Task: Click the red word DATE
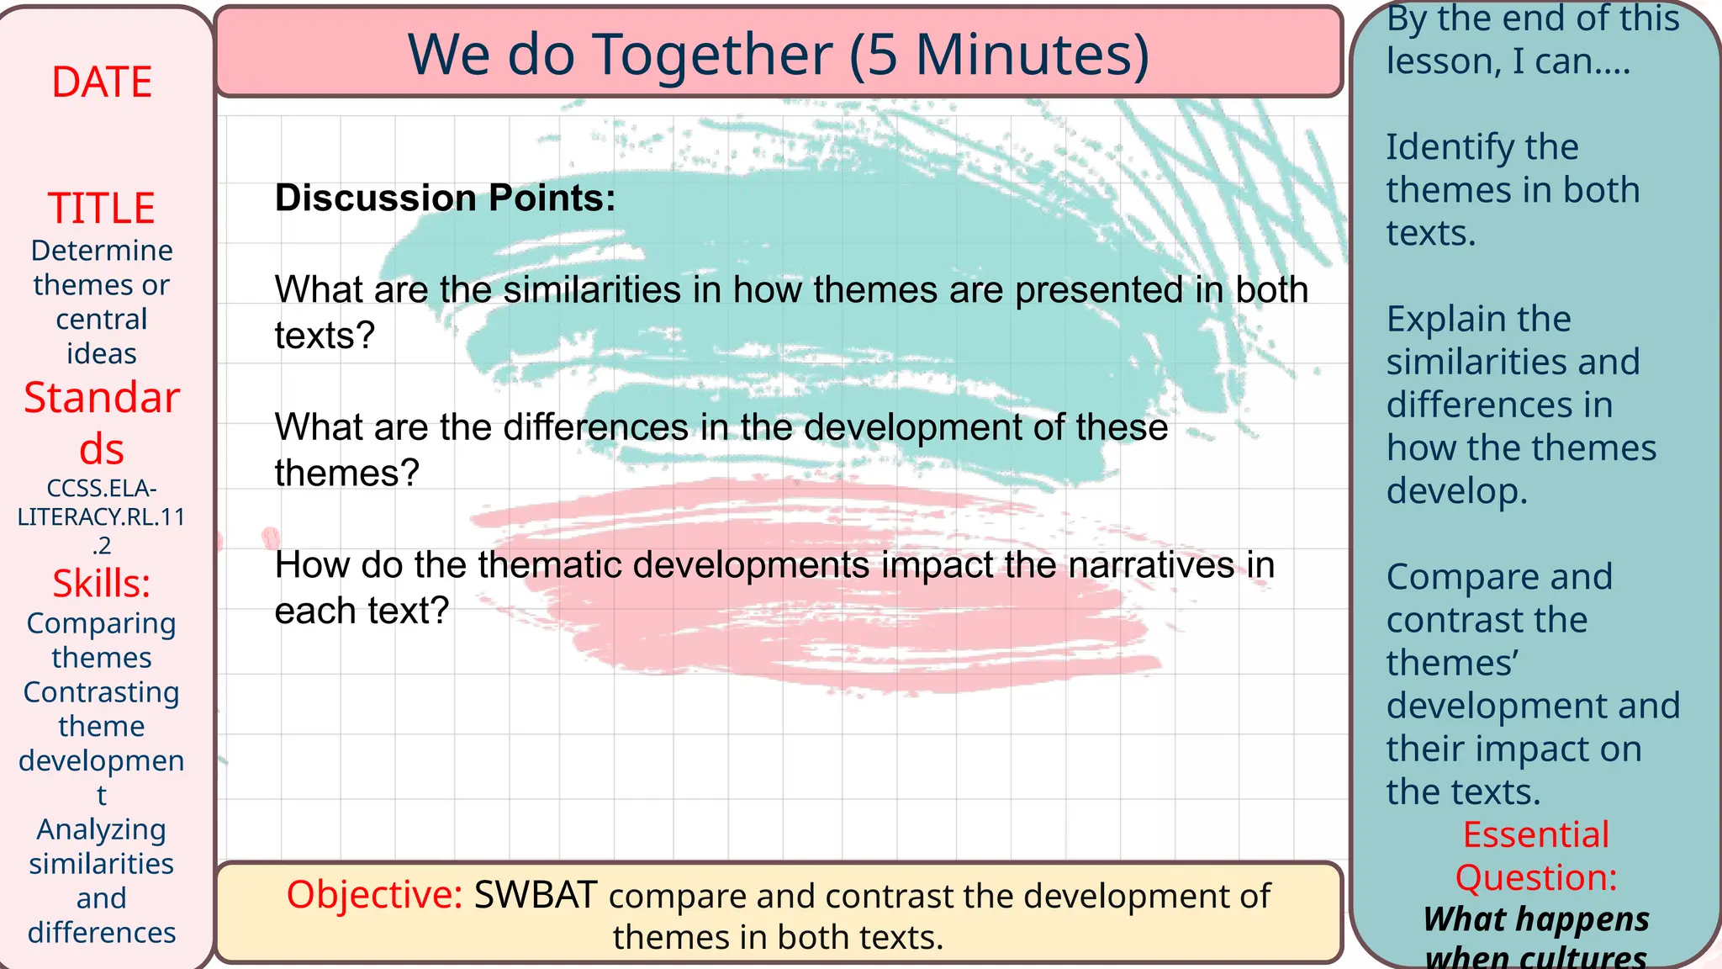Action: pyautogui.click(x=102, y=82)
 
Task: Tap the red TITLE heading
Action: pyautogui.click(x=102, y=208)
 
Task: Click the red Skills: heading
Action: pyautogui.click(x=102, y=583)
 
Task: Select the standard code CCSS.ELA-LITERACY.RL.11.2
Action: pyautogui.click(x=102, y=516)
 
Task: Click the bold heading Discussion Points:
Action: pyautogui.click(x=446, y=198)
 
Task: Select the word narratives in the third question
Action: pyautogui.click(x=1151, y=564)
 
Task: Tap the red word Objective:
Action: pyautogui.click(x=375, y=895)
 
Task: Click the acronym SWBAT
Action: pyautogui.click(x=536, y=895)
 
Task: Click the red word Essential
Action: pyautogui.click(x=1536, y=834)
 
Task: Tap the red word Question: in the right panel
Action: pyautogui.click(x=1536, y=877)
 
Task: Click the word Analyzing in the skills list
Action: pyautogui.click(x=102, y=830)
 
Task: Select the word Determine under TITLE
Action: pyautogui.click(x=102, y=250)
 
